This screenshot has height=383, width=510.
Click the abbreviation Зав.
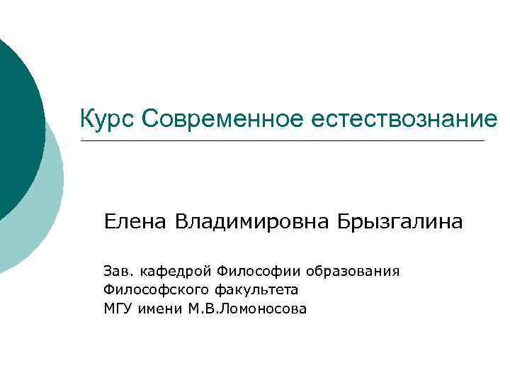point(118,271)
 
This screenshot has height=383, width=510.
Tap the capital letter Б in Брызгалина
point(345,222)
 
